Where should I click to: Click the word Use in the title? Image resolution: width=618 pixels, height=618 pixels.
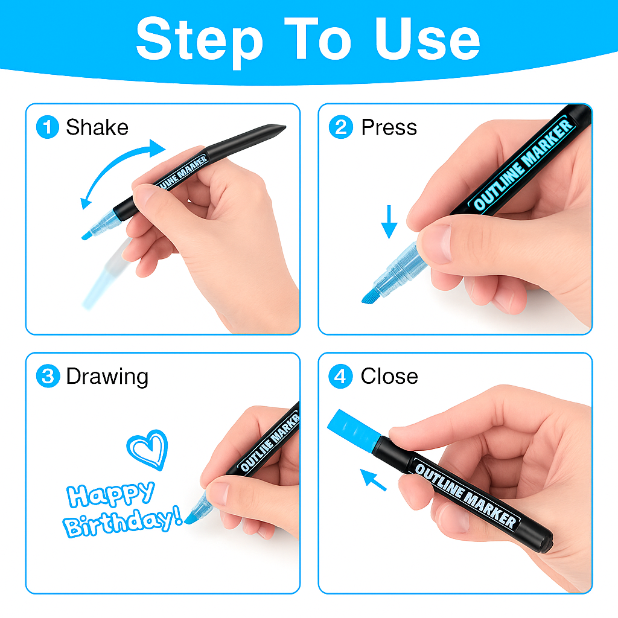(x=427, y=39)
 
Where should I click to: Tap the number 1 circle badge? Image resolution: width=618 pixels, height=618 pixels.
(x=48, y=127)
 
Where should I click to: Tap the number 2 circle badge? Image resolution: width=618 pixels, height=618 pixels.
(x=341, y=127)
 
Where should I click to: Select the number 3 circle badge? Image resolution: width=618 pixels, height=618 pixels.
(x=48, y=376)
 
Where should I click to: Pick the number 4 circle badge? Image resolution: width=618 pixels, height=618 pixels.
(x=340, y=376)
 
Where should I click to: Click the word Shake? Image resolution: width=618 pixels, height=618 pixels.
(x=97, y=127)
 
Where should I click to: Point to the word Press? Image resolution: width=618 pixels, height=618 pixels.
(x=389, y=127)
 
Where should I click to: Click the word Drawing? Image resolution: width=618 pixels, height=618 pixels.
(x=107, y=377)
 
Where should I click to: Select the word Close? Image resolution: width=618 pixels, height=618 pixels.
(x=389, y=376)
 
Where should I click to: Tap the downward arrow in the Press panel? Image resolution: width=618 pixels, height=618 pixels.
(x=389, y=221)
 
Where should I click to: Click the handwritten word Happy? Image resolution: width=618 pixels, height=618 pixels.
(x=110, y=494)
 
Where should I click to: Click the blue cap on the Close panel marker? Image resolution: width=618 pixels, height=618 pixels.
(x=354, y=430)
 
